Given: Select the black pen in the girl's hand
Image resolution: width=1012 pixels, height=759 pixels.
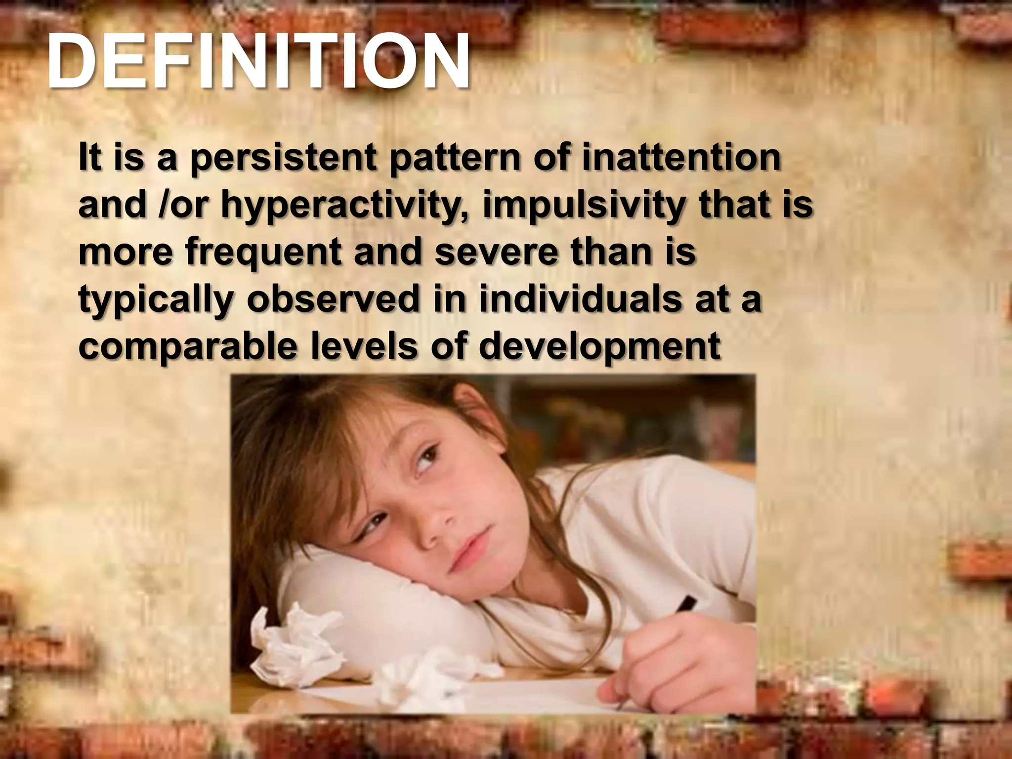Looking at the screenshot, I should click(684, 605).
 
